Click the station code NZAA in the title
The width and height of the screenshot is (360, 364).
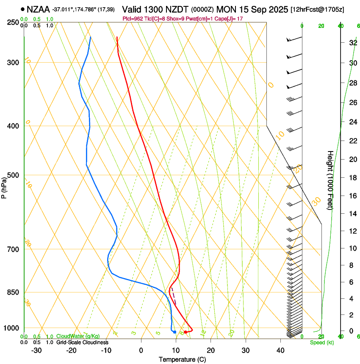tap(38, 9)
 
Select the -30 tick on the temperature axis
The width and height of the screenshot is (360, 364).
tap(36, 350)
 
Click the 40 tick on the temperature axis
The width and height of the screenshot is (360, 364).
tap(280, 350)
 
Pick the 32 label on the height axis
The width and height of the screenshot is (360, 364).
tap(352, 43)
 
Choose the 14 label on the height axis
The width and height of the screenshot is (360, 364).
tap(352, 214)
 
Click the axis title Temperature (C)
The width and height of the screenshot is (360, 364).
tap(183, 359)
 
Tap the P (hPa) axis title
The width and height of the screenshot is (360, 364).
tap(4, 187)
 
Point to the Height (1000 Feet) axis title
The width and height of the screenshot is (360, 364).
tap(330, 180)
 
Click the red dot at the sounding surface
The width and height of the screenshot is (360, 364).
tap(186, 332)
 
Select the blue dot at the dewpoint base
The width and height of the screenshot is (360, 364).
tap(174, 332)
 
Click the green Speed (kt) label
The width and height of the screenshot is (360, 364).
tap(322, 342)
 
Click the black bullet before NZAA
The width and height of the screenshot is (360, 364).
tap(22, 9)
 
